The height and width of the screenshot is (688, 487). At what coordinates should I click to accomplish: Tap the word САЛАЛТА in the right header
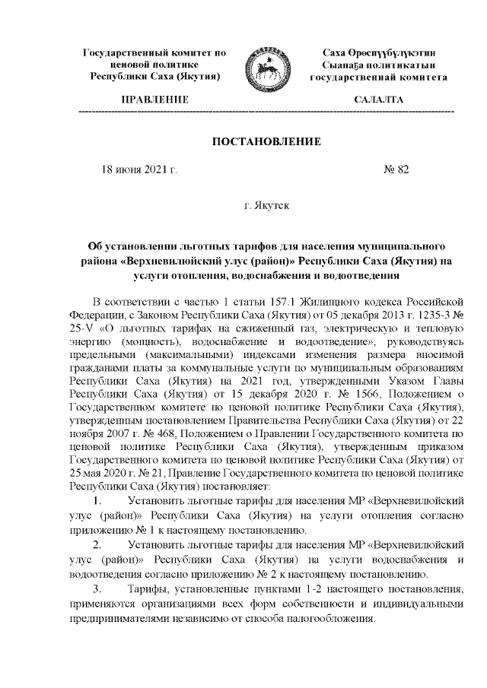click(379, 100)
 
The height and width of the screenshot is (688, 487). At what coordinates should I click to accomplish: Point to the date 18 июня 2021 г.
click(139, 170)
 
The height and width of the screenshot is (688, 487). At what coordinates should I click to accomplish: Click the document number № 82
click(396, 170)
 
